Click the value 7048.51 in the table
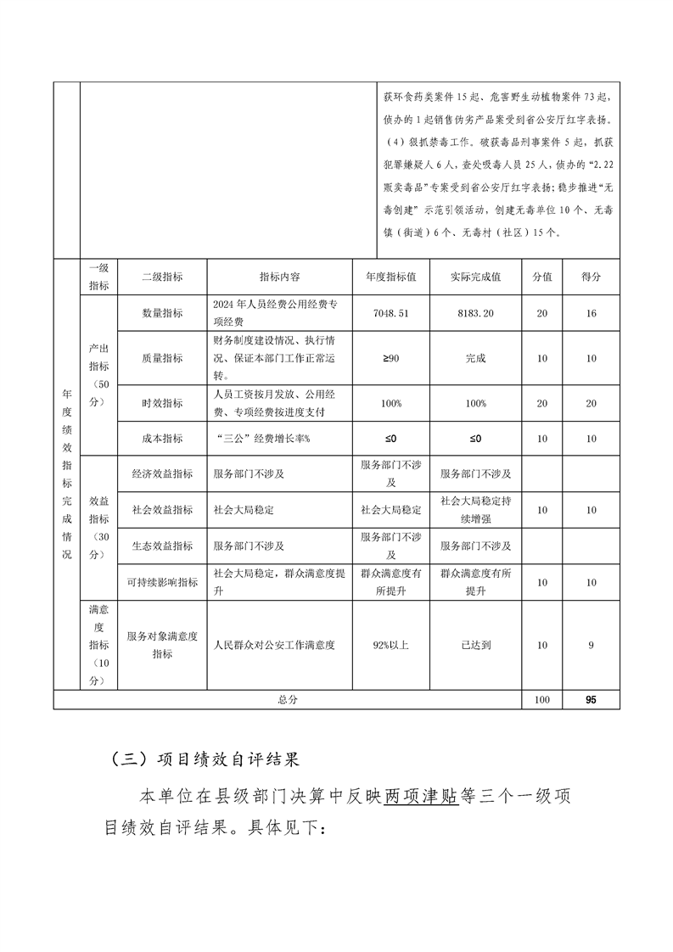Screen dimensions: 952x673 (390, 313)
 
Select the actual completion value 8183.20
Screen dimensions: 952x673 (475, 313)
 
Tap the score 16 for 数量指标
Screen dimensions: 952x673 (591, 313)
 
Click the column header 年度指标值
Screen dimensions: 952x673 (390, 277)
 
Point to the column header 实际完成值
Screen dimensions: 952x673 (475, 277)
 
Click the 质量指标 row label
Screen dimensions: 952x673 (162, 358)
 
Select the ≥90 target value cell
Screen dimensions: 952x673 (390, 358)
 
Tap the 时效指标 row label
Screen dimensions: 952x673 (162, 403)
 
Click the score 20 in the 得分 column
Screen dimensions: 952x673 (591, 403)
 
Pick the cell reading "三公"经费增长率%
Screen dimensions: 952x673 (264, 439)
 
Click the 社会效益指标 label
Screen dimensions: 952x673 (162, 510)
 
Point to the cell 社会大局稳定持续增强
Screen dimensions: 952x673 (475, 509)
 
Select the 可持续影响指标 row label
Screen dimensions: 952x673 (162, 582)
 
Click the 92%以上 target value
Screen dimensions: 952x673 (390, 645)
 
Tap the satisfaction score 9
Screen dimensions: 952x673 (591, 645)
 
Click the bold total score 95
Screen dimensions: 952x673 (591, 700)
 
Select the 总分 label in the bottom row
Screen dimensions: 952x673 (288, 700)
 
